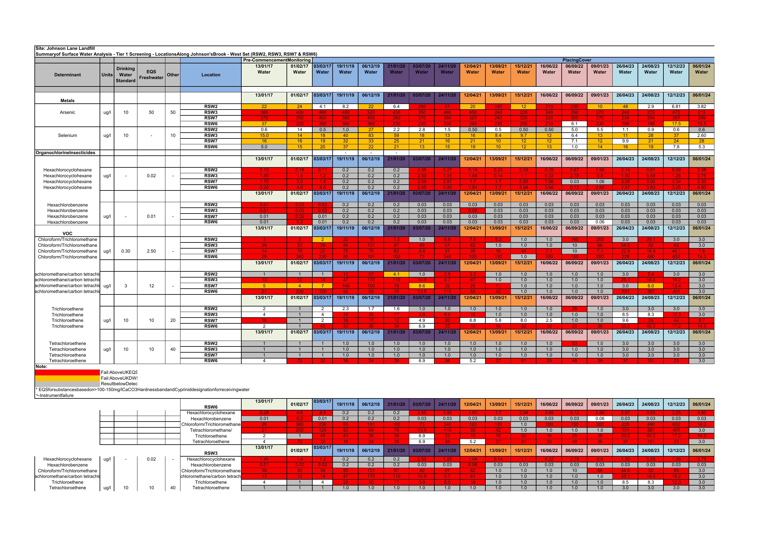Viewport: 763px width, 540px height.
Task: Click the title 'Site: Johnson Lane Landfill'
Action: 65,48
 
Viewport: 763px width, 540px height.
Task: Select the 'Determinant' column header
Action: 67,75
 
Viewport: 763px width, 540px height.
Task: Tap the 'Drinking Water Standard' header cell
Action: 126,75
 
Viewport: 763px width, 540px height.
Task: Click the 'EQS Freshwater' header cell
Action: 151,75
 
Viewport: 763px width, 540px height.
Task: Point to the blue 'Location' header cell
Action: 211,75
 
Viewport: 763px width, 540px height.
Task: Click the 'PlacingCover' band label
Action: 577,60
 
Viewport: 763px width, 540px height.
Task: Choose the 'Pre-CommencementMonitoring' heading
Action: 277,60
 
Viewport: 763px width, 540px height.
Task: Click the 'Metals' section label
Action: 67,101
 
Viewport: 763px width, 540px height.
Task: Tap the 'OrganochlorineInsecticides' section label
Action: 65,153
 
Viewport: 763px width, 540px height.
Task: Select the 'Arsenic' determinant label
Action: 67,112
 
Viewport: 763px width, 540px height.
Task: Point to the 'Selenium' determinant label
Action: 67,135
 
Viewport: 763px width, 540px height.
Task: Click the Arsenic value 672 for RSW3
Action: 676,112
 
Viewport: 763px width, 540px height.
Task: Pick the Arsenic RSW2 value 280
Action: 422,107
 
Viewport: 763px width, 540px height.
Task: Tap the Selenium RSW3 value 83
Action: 371,135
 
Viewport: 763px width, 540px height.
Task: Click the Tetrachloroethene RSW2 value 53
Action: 574,343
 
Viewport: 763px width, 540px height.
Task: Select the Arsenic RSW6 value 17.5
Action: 676,124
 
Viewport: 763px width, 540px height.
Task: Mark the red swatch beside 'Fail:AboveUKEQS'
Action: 67,372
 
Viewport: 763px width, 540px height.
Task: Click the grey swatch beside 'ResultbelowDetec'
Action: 67,384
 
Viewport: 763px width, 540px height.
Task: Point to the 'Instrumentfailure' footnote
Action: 55,396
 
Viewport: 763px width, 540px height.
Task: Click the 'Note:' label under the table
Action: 42,367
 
